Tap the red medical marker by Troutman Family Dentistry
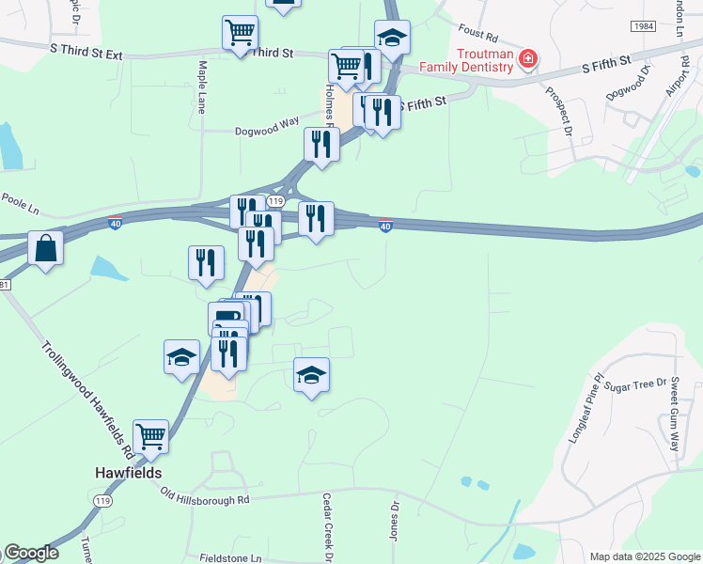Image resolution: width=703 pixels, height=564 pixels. (x=528, y=59)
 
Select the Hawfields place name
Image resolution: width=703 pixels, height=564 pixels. (x=128, y=473)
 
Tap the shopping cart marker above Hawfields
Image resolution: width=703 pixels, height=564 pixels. (x=150, y=436)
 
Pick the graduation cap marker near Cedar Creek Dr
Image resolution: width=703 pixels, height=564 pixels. (x=312, y=375)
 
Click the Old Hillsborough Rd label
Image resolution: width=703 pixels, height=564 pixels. (x=204, y=495)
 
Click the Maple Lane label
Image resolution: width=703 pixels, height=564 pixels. (x=202, y=88)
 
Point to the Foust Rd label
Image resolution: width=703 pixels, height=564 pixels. (x=477, y=34)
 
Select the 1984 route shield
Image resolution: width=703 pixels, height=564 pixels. (x=643, y=27)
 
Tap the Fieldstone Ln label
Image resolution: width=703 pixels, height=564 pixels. (x=230, y=557)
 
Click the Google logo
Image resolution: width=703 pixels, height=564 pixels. (x=30, y=554)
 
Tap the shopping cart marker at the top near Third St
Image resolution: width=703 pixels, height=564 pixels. (x=240, y=33)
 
